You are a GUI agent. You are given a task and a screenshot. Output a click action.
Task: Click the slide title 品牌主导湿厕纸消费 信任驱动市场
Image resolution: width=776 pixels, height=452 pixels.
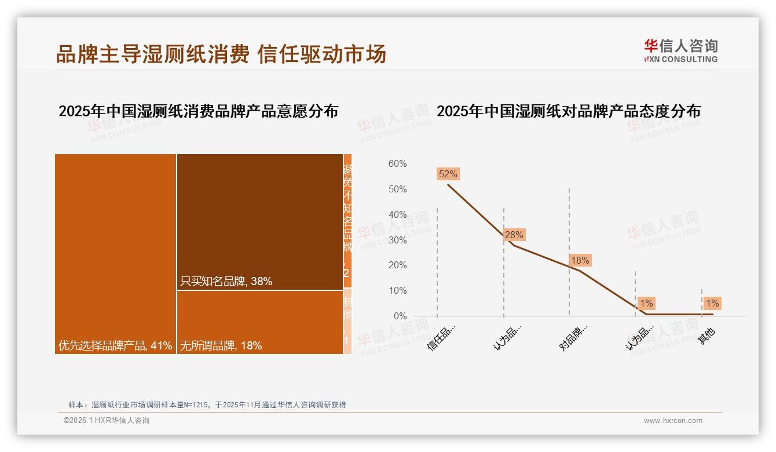(221, 54)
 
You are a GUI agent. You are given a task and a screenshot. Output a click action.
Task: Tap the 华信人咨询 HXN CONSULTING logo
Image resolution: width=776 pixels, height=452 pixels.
(680, 50)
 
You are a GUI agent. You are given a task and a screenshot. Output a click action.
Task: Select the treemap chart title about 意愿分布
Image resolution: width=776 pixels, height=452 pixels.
(198, 111)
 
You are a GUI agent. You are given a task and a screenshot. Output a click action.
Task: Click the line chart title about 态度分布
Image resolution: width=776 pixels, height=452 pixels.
(568, 111)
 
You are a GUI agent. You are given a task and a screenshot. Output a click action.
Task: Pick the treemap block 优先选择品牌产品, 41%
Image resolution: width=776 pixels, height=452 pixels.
(115, 253)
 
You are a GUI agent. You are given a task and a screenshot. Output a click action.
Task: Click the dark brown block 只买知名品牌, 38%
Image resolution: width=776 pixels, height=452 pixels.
(260, 221)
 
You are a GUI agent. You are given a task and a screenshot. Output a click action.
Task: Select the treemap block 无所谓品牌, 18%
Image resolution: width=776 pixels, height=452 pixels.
(260, 322)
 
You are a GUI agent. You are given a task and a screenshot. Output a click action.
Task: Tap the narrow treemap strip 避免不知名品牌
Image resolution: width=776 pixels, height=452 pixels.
(347, 220)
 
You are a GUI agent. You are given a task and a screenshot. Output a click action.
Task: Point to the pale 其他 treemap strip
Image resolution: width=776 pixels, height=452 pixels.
(347, 320)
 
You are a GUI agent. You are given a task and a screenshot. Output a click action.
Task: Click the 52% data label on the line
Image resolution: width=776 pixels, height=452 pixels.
(448, 174)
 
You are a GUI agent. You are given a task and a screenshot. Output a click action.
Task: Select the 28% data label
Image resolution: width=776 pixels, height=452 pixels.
(514, 235)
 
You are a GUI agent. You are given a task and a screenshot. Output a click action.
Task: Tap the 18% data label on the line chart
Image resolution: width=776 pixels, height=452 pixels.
(580, 261)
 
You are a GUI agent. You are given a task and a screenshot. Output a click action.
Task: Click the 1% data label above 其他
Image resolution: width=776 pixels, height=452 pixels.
(712, 303)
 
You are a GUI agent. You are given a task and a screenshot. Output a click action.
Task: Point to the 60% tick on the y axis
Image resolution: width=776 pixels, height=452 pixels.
(397, 164)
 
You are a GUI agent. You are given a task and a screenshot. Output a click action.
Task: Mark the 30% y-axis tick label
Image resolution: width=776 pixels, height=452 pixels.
(397, 240)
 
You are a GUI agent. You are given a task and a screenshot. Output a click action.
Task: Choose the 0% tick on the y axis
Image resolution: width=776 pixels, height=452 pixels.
(400, 316)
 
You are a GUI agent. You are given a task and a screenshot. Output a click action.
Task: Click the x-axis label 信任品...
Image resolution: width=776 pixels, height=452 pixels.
(442, 337)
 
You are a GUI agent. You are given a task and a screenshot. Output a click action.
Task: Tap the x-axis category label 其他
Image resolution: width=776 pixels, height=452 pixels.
(706, 336)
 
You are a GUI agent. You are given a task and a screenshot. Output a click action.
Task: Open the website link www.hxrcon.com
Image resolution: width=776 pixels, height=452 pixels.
(673, 421)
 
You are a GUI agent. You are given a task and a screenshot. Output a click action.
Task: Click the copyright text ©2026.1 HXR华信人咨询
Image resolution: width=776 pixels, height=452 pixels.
(107, 421)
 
